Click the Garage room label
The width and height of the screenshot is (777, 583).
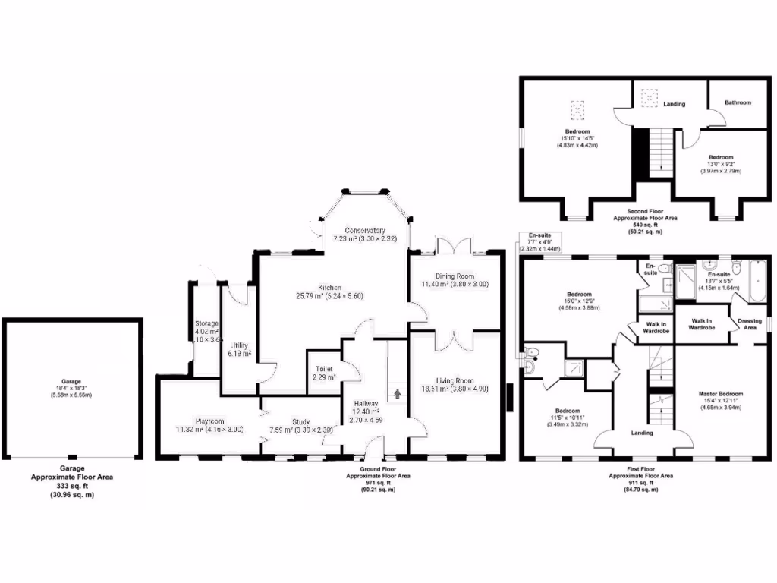71,381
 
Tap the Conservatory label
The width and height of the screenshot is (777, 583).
365,231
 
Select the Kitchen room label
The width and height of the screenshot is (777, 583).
329,286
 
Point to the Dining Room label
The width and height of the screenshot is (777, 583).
455,276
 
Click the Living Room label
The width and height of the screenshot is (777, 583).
455,381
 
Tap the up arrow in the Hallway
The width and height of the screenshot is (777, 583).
397,394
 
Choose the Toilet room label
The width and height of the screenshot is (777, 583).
325,370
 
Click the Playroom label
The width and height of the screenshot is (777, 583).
208,421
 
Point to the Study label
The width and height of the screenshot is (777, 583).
287,421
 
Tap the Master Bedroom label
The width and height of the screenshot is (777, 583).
720,394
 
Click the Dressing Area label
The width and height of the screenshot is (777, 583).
750,323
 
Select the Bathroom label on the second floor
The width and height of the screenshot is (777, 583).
737,102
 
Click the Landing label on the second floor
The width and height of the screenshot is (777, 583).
674,104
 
